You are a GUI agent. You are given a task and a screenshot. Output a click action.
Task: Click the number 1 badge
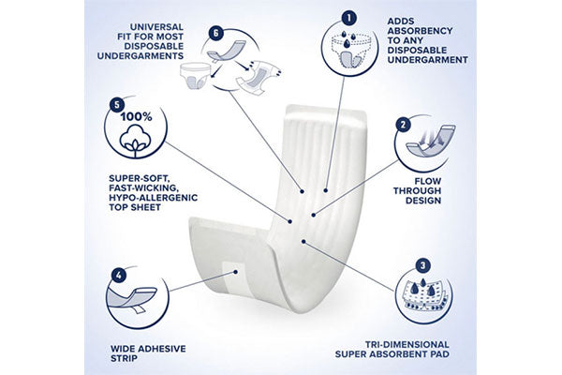tap(349, 17)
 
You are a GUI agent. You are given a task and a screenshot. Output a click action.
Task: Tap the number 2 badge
tap(403, 125)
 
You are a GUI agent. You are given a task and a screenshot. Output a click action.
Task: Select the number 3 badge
tap(423, 266)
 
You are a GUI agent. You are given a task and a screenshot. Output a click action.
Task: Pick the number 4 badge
tap(119, 276)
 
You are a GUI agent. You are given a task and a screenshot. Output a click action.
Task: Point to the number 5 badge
tap(116, 106)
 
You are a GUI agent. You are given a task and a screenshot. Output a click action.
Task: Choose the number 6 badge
tap(215, 34)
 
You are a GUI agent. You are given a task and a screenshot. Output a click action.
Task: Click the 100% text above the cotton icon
tap(136, 116)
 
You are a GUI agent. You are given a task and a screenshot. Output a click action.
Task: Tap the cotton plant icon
tap(136, 140)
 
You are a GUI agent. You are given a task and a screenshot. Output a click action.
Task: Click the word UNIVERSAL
tap(156, 27)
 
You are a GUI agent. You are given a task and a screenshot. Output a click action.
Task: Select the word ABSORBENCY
tap(420, 31)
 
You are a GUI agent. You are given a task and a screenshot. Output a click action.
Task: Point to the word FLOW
tap(428, 181)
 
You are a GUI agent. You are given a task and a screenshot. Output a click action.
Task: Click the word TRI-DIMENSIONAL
tap(407, 344)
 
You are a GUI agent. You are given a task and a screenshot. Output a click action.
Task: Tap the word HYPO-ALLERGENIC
tap(153, 198)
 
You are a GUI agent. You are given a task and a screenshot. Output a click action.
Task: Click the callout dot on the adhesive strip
tap(235, 272)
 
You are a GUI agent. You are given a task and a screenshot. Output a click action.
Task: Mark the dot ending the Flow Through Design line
tap(314, 215)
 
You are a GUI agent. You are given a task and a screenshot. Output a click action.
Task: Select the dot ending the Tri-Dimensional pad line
tap(303, 242)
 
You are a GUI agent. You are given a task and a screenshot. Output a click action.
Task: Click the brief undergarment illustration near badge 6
tap(196, 75)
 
